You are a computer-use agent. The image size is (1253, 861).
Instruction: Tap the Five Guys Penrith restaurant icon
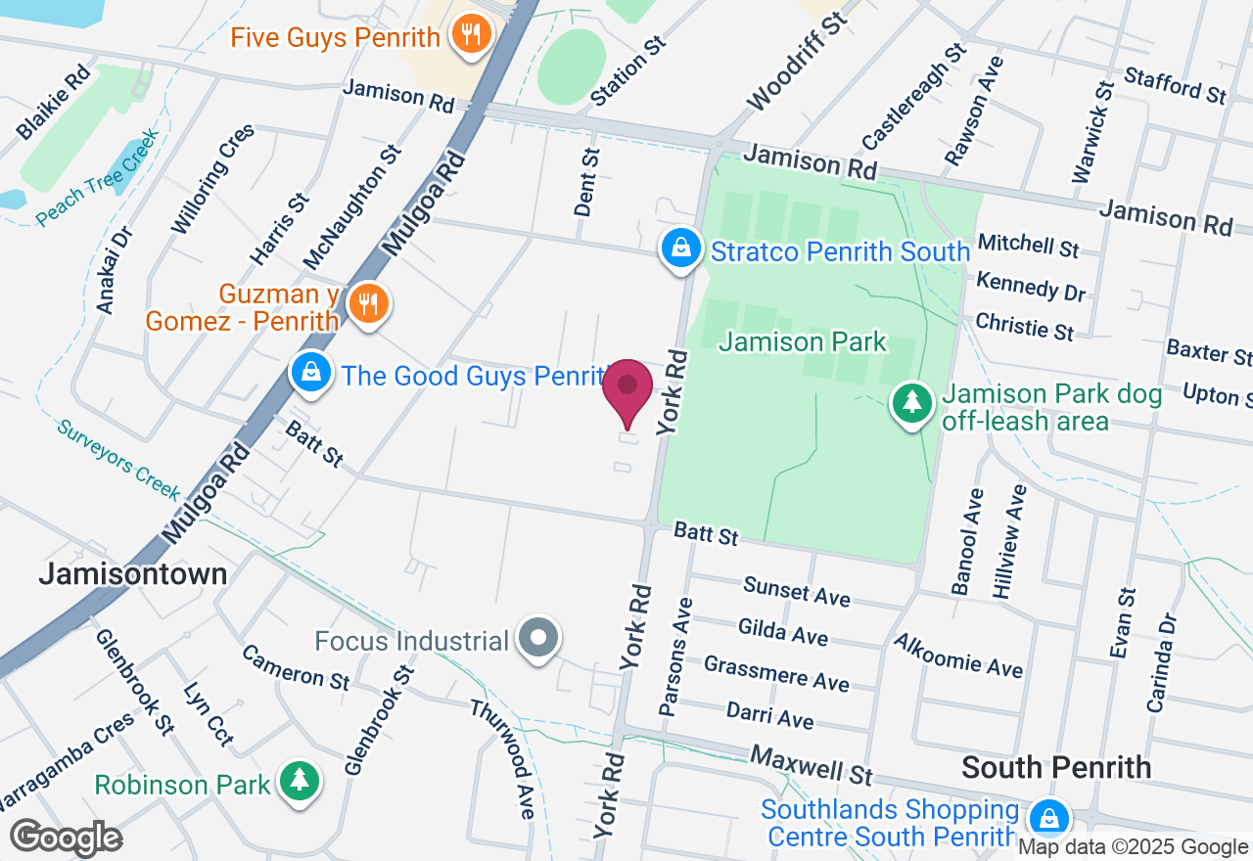pos(472,36)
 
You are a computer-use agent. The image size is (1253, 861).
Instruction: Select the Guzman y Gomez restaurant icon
pos(368,304)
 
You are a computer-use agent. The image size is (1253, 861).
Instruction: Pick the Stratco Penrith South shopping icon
pos(681,249)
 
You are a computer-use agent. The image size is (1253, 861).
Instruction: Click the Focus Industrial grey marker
pos(537,639)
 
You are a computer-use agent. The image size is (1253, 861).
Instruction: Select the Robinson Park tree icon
pos(298,782)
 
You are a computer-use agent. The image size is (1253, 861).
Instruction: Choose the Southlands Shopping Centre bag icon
pos(1049,818)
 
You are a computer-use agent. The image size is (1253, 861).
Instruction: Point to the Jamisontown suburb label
pos(133,573)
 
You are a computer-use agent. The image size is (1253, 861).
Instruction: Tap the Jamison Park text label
pos(803,342)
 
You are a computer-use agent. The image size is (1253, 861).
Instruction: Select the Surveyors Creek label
pos(117,460)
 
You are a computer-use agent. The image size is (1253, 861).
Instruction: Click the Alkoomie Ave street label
pos(958,655)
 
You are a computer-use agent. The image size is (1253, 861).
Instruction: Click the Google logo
pos(67,838)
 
